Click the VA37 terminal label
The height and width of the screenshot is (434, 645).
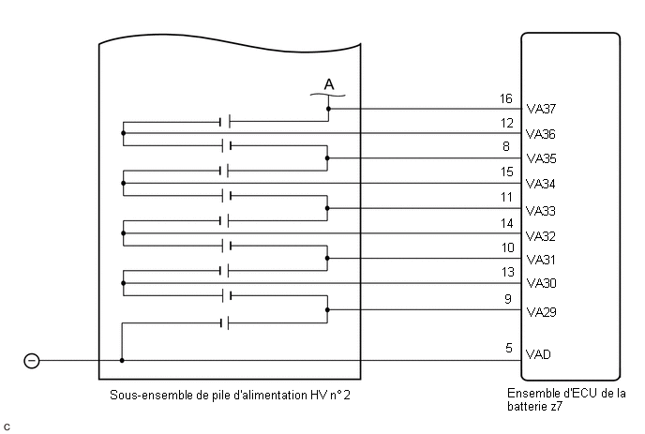(541, 109)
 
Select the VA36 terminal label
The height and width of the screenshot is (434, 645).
(541, 134)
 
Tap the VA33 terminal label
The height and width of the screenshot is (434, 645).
(541, 211)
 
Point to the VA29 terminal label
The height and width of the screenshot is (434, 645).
(541, 312)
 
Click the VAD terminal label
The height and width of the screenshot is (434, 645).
(538, 354)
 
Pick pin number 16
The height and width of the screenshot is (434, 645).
(506, 98)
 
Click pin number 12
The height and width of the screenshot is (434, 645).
(507, 123)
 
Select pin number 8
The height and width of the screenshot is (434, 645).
(506, 146)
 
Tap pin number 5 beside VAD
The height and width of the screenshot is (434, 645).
(509, 348)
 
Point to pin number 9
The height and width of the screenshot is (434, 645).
(508, 299)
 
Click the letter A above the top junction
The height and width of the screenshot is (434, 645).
(329, 84)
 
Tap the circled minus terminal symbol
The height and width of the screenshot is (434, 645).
(32, 361)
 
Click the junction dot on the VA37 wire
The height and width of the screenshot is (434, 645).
(328, 109)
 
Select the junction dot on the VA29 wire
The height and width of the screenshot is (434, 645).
(327, 309)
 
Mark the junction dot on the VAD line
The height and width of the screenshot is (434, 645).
(122, 360)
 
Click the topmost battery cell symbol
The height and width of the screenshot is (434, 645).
(225, 122)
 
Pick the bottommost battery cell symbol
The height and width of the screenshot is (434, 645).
(225, 323)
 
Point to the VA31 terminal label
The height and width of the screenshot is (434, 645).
(541, 260)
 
